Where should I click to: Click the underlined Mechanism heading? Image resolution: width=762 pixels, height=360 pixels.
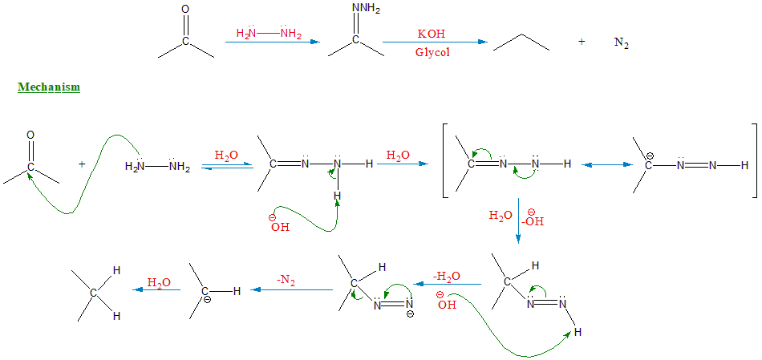click(49, 87)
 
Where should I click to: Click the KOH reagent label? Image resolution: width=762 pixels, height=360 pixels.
click(432, 34)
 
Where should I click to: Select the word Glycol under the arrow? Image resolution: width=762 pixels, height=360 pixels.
click(432, 52)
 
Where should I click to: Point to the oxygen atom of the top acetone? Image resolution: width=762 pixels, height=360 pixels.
click(186, 10)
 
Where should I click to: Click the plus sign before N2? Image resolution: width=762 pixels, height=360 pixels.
click(582, 42)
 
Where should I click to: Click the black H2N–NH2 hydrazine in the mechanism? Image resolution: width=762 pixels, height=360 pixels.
click(157, 167)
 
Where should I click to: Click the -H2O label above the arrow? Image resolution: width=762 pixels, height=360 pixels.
click(447, 277)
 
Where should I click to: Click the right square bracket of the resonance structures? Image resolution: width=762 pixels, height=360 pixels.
click(754, 160)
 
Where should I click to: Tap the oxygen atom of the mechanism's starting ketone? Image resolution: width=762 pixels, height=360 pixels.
click(30, 136)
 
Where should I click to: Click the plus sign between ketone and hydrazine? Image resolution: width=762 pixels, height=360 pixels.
click(82, 164)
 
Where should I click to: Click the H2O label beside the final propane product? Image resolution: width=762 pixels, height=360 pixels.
click(158, 282)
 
